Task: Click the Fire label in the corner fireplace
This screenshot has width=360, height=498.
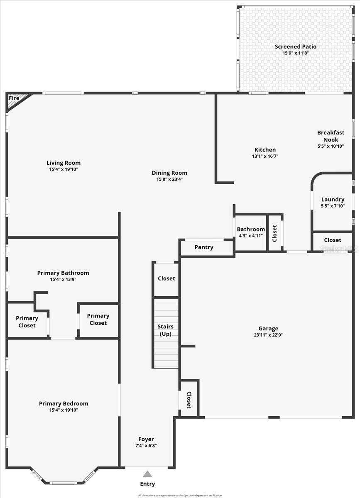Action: pyautogui.click(x=14, y=98)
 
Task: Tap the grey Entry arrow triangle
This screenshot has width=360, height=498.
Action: pyautogui.click(x=147, y=474)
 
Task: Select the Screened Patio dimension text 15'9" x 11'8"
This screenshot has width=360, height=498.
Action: pyautogui.click(x=296, y=53)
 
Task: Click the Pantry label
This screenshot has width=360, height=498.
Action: pyautogui.click(x=204, y=247)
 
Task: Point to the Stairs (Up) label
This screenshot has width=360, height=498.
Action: pyautogui.click(x=166, y=330)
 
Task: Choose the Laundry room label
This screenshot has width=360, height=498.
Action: pyautogui.click(x=333, y=200)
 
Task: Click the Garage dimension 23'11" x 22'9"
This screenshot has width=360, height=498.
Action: pyautogui.click(x=268, y=335)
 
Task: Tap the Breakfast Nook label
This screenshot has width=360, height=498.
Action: pyautogui.click(x=331, y=136)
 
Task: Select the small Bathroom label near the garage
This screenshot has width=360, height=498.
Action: pyautogui.click(x=251, y=229)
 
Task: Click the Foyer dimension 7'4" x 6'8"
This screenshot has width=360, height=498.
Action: pyautogui.click(x=146, y=446)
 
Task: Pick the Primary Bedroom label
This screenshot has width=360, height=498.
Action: pyautogui.click(x=64, y=403)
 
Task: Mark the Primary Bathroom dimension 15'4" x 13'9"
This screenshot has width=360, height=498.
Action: pyautogui.click(x=63, y=279)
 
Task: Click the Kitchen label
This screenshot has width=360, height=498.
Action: pyautogui.click(x=265, y=150)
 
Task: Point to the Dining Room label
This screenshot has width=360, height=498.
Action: pyautogui.click(x=169, y=173)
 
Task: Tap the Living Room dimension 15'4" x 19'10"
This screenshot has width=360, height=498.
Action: pyautogui.click(x=64, y=169)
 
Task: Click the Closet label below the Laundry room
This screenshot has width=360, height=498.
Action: pyautogui.click(x=333, y=240)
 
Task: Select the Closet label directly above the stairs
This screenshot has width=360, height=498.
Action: pyautogui.click(x=167, y=278)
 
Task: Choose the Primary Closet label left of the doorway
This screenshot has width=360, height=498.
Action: pyautogui.click(x=27, y=322)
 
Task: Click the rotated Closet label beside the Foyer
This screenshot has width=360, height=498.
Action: pyautogui.click(x=189, y=400)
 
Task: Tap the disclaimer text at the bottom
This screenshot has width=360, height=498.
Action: pyautogui.click(x=180, y=495)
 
